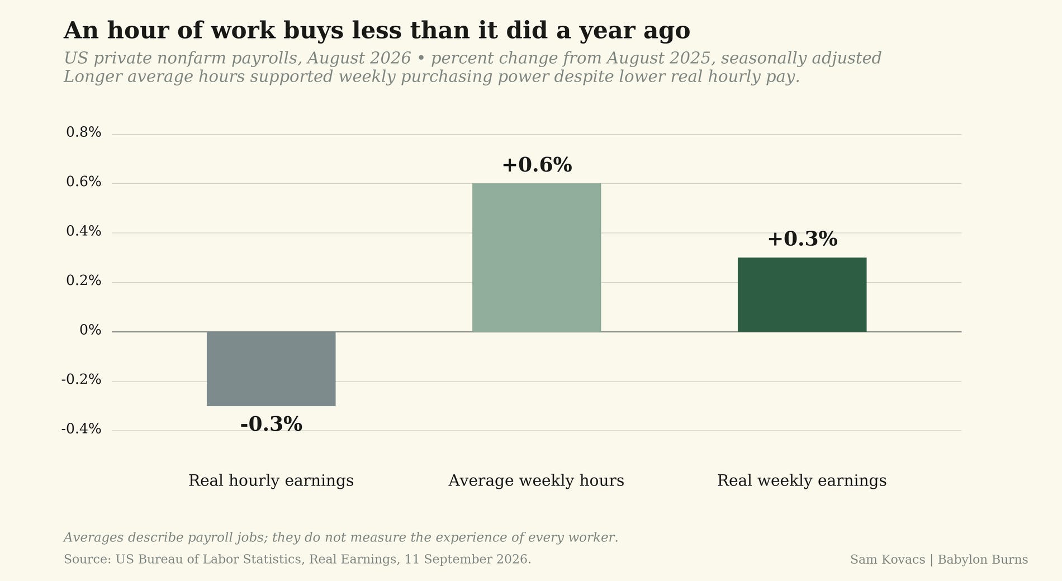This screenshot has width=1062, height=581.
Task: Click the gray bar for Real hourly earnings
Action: [x=271, y=369]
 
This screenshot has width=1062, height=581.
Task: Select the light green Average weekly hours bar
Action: [x=537, y=258]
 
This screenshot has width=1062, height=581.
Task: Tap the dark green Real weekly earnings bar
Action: [x=802, y=294]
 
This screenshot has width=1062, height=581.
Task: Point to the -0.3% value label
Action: [x=271, y=425]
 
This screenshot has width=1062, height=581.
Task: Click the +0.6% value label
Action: [x=537, y=165]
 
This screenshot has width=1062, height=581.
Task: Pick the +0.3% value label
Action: [x=802, y=239]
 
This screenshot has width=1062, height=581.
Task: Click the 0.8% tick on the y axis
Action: [x=84, y=133]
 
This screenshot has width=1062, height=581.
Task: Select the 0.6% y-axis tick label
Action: [x=84, y=182]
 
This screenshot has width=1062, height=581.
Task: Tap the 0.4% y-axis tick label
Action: [x=84, y=231]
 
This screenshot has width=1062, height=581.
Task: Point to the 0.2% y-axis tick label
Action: [x=84, y=281]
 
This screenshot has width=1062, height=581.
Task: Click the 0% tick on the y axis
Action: [x=91, y=330]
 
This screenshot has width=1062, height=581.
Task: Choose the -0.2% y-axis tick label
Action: [x=81, y=380]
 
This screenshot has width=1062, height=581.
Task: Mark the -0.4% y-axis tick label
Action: [x=81, y=429]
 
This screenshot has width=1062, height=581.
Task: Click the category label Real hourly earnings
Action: [x=271, y=481]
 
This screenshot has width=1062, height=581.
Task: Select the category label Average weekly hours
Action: [x=537, y=481]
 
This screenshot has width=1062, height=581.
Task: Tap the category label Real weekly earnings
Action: [x=802, y=481]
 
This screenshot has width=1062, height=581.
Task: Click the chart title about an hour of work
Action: [x=377, y=31]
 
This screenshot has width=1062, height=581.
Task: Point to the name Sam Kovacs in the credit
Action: [x=888, y=559]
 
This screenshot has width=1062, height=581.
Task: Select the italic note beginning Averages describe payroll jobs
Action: [x=341, y=538]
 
